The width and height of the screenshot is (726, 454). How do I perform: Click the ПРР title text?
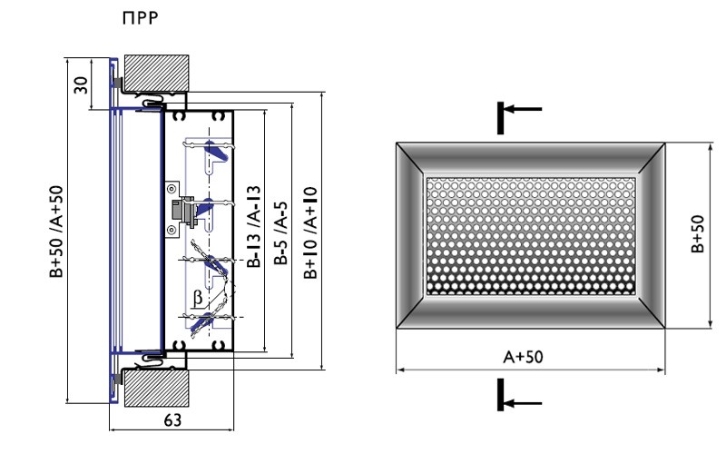tap(141, 17)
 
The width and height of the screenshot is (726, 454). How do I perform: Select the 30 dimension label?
tap(81, 84)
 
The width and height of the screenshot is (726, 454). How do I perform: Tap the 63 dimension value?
tap(172, 420)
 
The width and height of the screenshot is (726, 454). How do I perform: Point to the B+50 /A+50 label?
tap(56, 232)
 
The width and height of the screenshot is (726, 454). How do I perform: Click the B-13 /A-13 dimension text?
tap(254, 226)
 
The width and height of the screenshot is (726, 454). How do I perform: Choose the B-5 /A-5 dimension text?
tap(281, 232)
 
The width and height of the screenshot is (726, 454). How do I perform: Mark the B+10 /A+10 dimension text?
tap(310, 232)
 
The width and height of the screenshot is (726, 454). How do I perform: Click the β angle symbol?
tap(198, 298)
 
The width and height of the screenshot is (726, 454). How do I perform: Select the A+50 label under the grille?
tap(524, 357)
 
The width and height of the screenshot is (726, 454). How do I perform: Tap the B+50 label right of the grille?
tap(697, 234)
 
